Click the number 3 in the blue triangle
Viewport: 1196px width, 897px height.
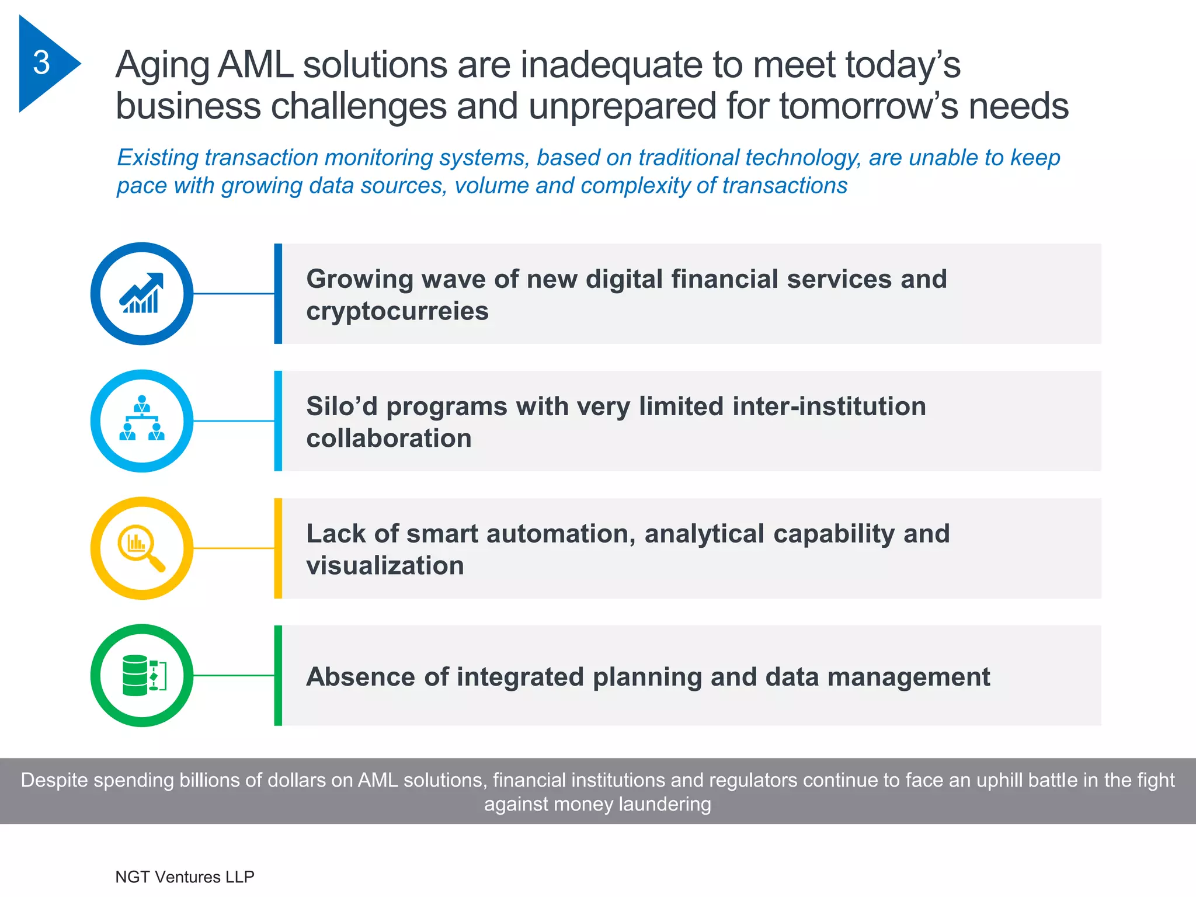[41, 62]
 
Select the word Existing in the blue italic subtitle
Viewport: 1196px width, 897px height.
[158, 158]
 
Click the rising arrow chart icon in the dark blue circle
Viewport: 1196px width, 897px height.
[142, 293]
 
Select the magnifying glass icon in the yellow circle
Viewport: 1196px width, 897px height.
[141, 548]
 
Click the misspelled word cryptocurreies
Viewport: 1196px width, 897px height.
[397, 311]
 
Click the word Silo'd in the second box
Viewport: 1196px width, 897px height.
[342, 406]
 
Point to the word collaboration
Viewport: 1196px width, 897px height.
[388, 438]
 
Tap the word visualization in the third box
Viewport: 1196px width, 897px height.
[385, 566]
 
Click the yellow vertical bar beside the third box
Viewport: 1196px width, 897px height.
[278, 548]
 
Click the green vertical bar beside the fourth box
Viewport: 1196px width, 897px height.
[278, 675]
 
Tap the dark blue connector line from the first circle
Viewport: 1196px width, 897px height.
[234, 293]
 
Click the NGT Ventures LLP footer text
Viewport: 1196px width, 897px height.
[185, 877]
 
